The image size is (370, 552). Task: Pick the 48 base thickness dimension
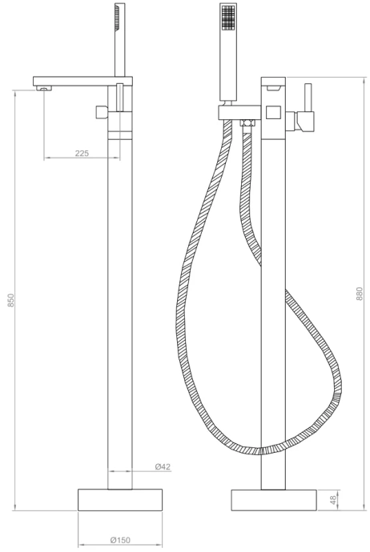[x=334, y=498]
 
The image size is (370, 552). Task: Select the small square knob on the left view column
[x=102, y=111]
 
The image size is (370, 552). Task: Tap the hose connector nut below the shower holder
[x=247, y=123]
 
